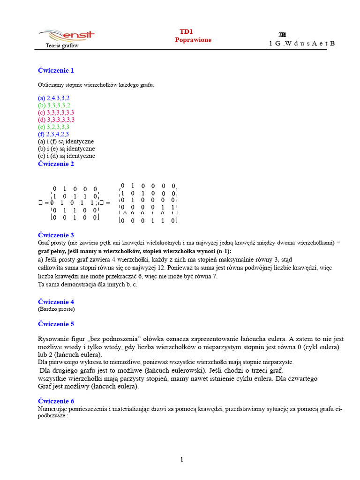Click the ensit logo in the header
coord(67,35)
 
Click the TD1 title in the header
coord(186,31)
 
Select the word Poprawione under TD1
coord(193,40)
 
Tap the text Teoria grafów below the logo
coord(62,46)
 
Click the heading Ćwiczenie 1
coord(56,70)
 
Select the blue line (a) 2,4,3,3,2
coord(53,98)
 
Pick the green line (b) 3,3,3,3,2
coord(54,105)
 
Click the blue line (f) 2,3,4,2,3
coord(53,134)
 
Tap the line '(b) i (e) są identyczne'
coord(66,149)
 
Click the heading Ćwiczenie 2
coord(56,164)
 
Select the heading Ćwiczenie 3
coord(56,235)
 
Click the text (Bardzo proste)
coord(56,309)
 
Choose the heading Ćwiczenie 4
coord(56,302)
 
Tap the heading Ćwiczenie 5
coord(56,324)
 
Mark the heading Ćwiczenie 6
coord(56,401)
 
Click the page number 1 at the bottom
coord(182,459)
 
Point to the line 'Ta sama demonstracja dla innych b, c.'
coord(88,284)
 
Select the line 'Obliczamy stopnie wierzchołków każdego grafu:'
coord(96,85)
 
